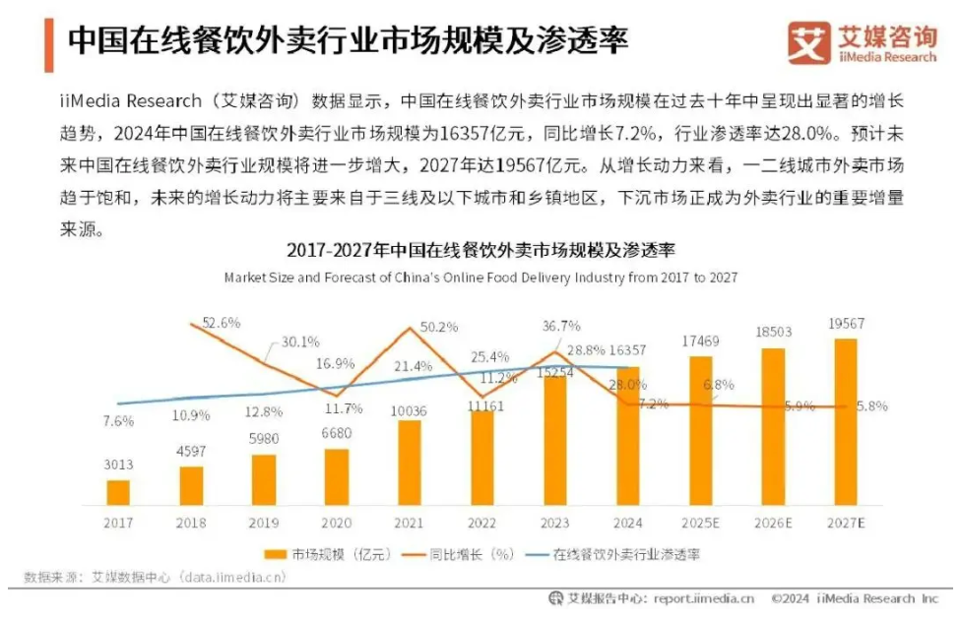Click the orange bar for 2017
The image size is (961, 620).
coord(118,492)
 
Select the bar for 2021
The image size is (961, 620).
coord(410,463)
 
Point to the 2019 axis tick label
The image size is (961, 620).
coord(264,524)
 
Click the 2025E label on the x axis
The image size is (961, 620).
coord(700,524)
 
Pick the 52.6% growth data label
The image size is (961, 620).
coord(222,322)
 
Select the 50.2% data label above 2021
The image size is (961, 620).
coord(439,327)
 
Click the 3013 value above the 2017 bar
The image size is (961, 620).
coord(118,465)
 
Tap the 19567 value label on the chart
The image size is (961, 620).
coord(846,324)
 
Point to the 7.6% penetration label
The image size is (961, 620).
coord(119,421)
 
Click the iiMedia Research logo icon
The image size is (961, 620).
coord(809,43)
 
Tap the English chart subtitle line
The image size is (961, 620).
coord(480,278)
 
